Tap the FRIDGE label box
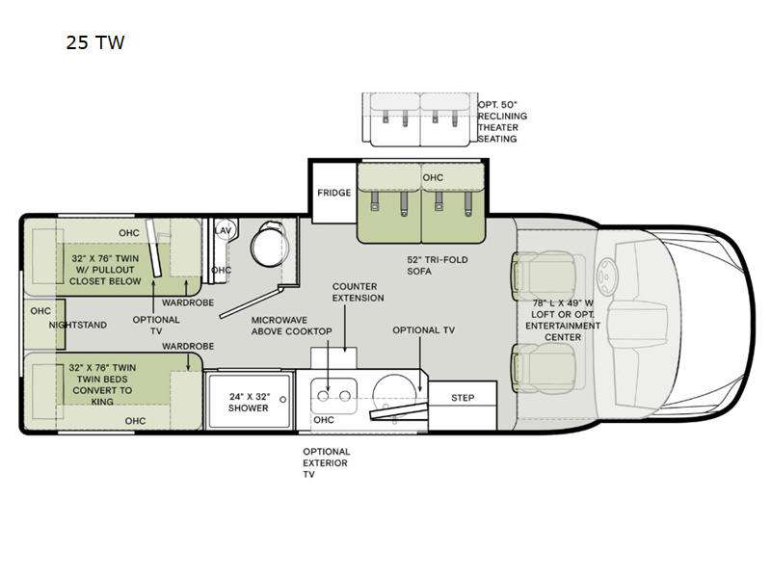[333, 193]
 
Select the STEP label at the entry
[462, 397]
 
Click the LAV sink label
[223, 231]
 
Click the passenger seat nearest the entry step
[545, 371]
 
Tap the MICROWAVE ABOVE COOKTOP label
[292, 326]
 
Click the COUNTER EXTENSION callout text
[359, 292]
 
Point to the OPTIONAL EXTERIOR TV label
[326, 462]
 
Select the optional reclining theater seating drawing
[418, 119]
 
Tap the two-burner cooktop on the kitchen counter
[333, 395]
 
